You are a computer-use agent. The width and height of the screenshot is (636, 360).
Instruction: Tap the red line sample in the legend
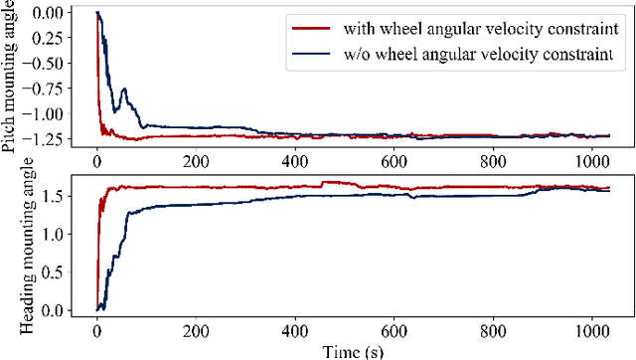309,28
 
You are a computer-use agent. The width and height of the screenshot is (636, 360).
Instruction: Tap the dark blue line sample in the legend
309,55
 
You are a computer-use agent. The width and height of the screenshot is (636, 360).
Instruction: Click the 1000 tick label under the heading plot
594,329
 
